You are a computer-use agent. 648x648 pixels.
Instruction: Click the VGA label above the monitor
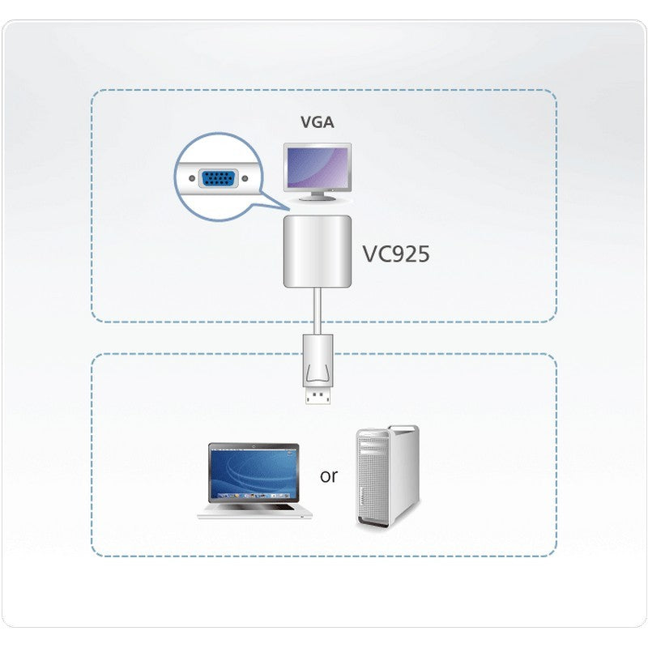(318, 123)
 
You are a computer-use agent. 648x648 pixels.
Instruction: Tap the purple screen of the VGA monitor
(318, 166)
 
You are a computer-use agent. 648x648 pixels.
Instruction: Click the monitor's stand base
(318, 198)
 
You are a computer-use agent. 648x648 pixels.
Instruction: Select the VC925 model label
(396, 254)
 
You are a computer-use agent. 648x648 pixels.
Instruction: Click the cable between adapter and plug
(318, 308)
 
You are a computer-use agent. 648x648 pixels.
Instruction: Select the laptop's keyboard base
(253, 510)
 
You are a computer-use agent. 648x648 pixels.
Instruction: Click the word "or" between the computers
(328, 475)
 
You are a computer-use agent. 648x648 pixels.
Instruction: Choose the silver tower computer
(387, 478)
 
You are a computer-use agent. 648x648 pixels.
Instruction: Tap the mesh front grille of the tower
(373, 486)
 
